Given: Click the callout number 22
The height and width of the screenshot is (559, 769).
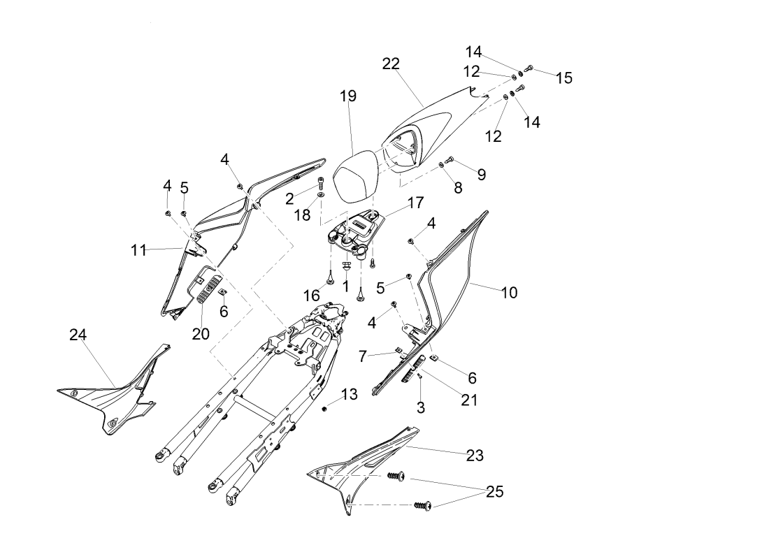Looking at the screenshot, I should [391, 64].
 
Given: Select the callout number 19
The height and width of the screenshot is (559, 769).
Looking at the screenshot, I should [347, 96].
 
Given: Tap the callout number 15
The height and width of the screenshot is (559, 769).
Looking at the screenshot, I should [563, 78].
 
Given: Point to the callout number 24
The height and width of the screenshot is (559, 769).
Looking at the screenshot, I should [78, 335].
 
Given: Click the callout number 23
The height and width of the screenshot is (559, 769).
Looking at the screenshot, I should [475, 455].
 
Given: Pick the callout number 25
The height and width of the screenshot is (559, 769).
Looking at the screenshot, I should [494, 492].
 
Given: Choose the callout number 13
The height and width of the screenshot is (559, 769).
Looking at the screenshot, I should [350, 395].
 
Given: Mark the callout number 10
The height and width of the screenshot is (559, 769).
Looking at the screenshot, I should [509, 293].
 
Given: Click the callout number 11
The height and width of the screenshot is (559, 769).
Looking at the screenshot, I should [138, 249].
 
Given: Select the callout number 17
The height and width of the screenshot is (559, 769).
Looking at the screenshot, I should [415, 203].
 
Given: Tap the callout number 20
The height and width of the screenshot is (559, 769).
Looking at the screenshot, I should [201, 334].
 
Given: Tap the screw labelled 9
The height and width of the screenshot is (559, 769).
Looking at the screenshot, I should [450, 160].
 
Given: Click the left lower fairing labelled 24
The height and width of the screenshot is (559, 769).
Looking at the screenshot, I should [112, 405].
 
